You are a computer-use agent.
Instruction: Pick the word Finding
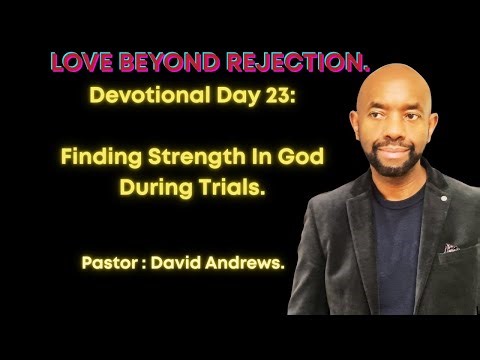103,158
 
